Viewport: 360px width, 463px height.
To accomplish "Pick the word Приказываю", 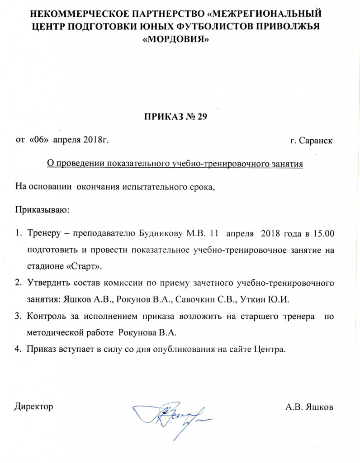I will click(x=43, y=210).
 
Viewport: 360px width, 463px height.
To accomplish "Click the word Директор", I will click(x=34, y=406).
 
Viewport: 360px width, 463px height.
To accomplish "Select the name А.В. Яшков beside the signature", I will click(x=309, y=407).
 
